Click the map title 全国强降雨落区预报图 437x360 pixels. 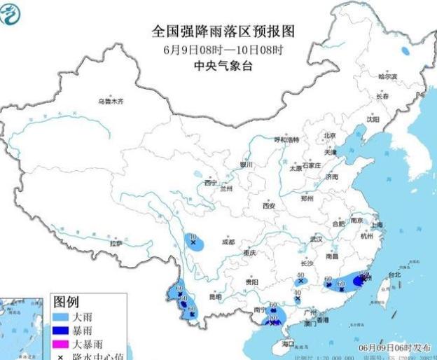(x=223, y=32)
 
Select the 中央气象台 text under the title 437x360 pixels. (x=223, y=66)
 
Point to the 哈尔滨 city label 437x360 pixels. (x=387, y=76)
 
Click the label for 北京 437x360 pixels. (x=330, y=136)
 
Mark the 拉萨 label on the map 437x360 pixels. (x=116, y=243)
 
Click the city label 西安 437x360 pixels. (x=269, y=205)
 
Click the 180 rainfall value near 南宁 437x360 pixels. (x=272, y=319)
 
